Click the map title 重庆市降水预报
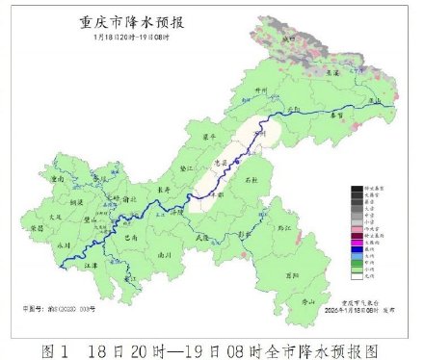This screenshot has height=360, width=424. [125, 22]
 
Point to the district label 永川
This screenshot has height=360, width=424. [65, 244]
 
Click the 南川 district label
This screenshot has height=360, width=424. [164, 254]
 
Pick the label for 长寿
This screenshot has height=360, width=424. [165, 190]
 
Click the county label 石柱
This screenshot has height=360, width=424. [252, 179]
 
